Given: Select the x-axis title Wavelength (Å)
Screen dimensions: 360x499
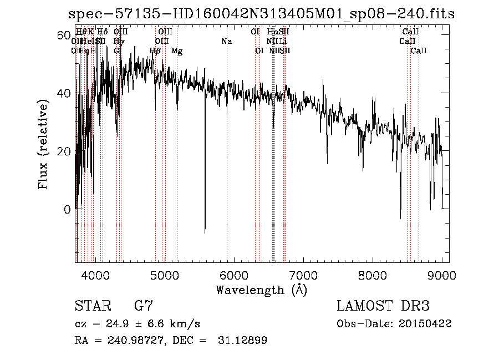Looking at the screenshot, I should point(261,290).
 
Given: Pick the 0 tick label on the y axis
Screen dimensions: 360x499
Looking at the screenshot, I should point(67,210).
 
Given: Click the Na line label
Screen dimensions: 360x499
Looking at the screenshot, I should point(226,41).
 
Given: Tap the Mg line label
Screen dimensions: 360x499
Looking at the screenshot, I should point(177,51).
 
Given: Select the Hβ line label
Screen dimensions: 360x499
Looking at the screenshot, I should point(156,51).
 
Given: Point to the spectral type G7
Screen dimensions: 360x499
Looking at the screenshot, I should point(143,306).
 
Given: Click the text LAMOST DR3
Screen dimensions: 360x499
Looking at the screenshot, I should point(383,306).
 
